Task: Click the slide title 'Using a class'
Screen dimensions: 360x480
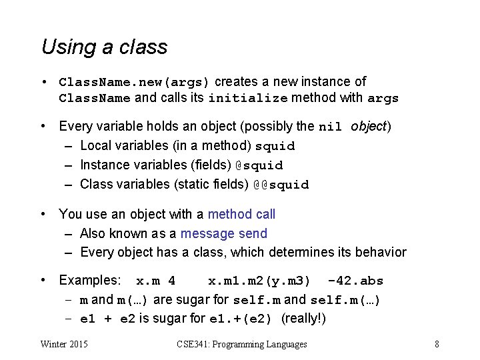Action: click(x=104, y=47)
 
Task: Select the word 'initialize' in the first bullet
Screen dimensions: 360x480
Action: click(x=248, y=99)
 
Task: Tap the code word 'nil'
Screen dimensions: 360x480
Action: click(x=331, y=127)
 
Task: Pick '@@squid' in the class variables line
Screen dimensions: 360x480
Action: click(x=281, y=185)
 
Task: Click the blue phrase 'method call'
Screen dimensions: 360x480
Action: click(x=241, y=214)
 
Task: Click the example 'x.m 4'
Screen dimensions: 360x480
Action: click(x=155, y=281)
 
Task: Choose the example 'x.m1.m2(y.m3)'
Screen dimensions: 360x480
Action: click(x=259, y=281)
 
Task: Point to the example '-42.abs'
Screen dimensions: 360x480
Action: click(x=356, y=281)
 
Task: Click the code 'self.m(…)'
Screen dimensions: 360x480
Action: click(x=345, y=300)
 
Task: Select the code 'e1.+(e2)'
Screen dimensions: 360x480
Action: click(x=241, y=319)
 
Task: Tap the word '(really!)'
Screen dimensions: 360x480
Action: click(x=304, y=319)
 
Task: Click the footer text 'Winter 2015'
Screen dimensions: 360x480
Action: click(x=64, y=344)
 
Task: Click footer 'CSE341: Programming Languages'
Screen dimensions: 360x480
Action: click(x=242, y=344)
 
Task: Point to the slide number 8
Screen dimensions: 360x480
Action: click(x=436, y=344)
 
